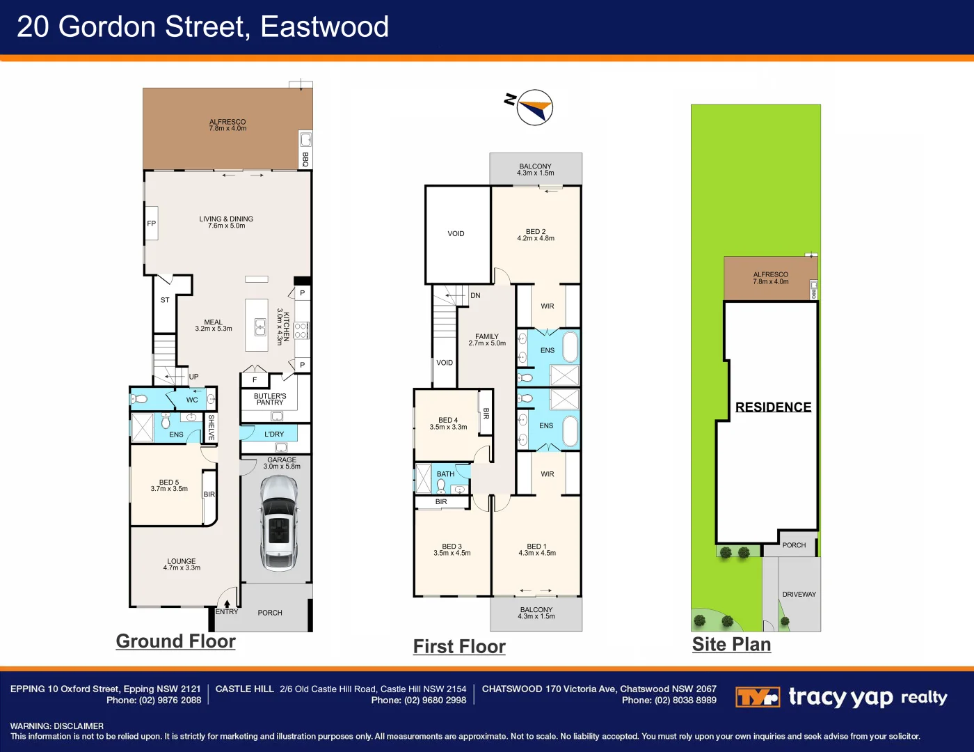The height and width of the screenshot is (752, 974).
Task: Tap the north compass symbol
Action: (x=534, y=107)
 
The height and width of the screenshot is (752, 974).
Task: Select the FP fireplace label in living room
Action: (x=151, y=224)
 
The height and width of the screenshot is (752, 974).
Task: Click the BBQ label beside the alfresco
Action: (x=305, y=159)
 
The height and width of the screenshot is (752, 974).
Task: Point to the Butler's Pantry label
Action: (x=270, y=399)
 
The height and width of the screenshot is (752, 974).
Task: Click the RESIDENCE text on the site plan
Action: (x=773, y=407)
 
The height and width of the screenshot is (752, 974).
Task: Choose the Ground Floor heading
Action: (x=175, y=641)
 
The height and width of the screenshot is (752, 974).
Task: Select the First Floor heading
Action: (x=459, y=647)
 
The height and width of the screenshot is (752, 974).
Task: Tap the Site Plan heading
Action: (x=731, y=645)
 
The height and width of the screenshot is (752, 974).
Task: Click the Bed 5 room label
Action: (x=169, y=485)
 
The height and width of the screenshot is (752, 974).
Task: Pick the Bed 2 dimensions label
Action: (x=536, y=239)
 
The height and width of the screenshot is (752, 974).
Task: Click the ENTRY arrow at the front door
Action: (x=227, y=604)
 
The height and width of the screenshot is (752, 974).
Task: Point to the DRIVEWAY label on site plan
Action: (x=799, y=595)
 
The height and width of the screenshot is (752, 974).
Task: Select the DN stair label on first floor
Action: (x=475, y=295)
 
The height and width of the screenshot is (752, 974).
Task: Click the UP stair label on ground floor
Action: (x=193, y=377)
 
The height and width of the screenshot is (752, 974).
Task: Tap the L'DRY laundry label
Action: (x=274, y=434)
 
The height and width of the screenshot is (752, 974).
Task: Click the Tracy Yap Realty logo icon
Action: (x=757, y=697)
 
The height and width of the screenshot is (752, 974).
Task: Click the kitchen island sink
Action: (x=260, y=327)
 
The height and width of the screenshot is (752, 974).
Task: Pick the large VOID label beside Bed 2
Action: (x=456, y=234)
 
